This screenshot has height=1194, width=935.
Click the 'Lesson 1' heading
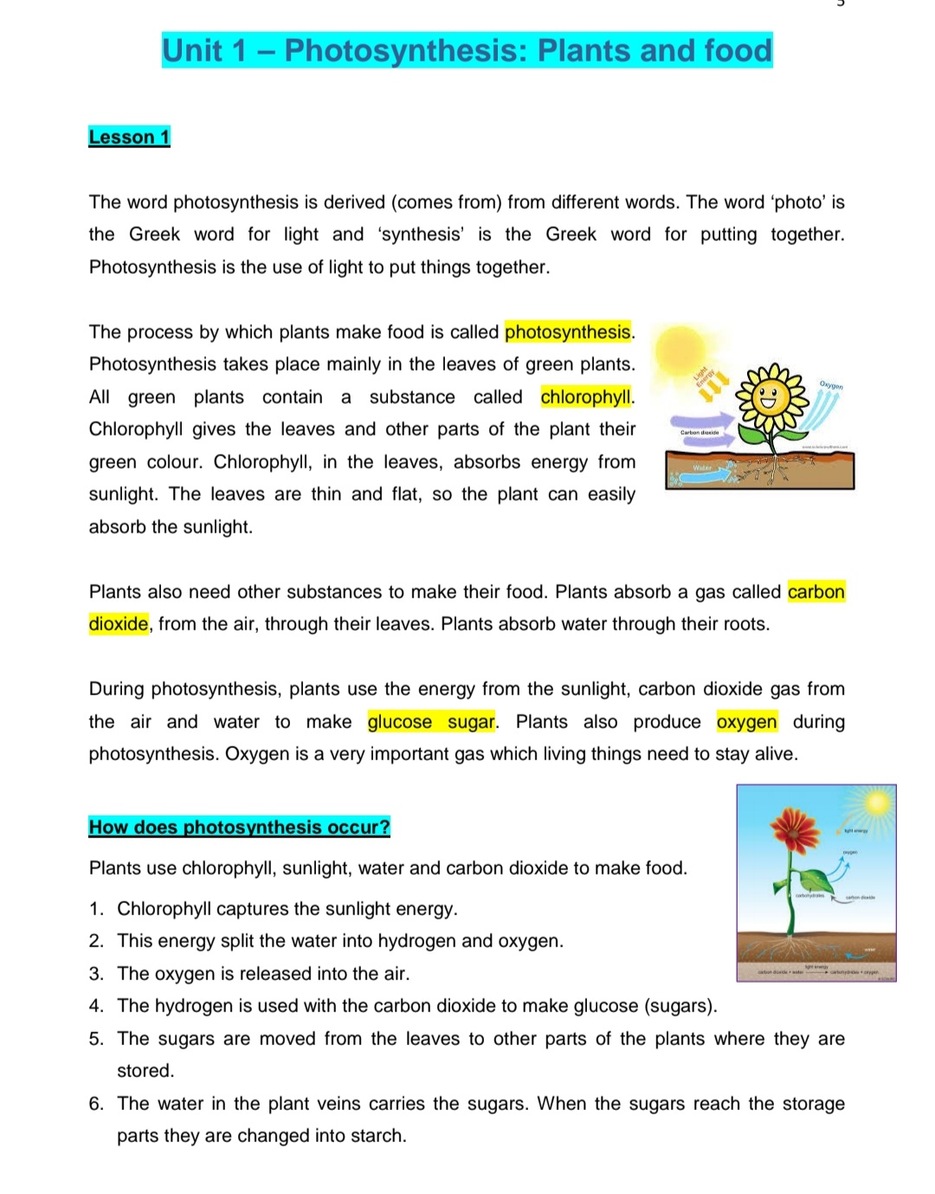[129, 137]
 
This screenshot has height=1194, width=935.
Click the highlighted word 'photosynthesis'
[567, 332]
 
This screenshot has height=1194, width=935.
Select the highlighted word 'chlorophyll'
[586, 397]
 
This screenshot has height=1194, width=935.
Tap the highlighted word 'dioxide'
[119, 624]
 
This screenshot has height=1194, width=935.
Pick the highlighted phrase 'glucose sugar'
[431, 722]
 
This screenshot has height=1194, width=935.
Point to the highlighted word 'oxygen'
[746, 722]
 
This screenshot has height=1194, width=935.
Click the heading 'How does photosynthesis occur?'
[239, 827]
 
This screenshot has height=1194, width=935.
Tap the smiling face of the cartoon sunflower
[770, 399]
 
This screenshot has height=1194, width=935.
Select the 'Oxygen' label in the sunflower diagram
[830, 385]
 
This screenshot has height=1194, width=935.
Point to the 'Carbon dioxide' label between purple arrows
[700, 432]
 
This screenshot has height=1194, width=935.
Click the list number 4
[96, 1006]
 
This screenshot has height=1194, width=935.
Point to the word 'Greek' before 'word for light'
[154, 235]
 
